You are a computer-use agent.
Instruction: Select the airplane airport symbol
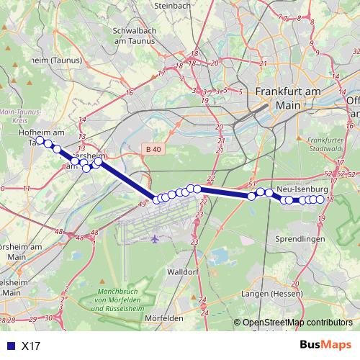155,238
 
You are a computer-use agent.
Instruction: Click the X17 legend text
31,346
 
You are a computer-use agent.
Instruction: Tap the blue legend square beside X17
9,346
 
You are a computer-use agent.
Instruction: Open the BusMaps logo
327,345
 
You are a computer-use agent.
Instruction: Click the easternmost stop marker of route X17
320,199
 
